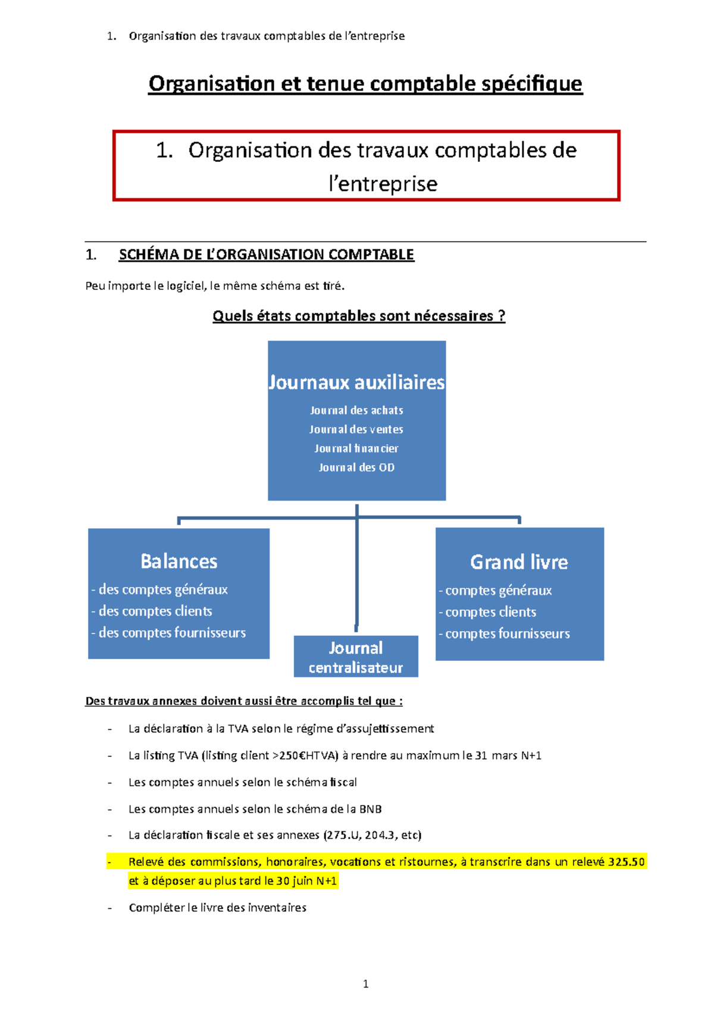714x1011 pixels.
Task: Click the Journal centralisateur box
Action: coord(356,657)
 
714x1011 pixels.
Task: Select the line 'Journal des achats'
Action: coord(356,410)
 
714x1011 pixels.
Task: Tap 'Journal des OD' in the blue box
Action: coord(356,467)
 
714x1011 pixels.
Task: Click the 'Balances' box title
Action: coord(178,561)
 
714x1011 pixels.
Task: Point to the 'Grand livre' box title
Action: coord(519,562)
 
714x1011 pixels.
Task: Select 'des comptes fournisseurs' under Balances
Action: coord(172,633)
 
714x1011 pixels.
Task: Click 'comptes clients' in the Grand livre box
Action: coord(490,612)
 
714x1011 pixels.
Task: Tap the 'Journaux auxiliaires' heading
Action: coord(356,382)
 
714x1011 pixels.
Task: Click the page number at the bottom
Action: coord(365,984)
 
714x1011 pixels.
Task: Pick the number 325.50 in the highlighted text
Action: coord(627,862)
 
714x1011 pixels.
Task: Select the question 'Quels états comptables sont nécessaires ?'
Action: coord(359,316)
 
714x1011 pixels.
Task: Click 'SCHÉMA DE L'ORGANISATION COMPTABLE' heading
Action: coord(266,255)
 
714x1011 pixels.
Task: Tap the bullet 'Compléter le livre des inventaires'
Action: coord(217,908)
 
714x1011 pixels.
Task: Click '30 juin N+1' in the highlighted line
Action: coord(306,881)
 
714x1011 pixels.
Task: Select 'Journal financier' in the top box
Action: coord(356,448)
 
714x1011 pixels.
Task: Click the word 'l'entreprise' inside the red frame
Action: coord(383,183)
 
